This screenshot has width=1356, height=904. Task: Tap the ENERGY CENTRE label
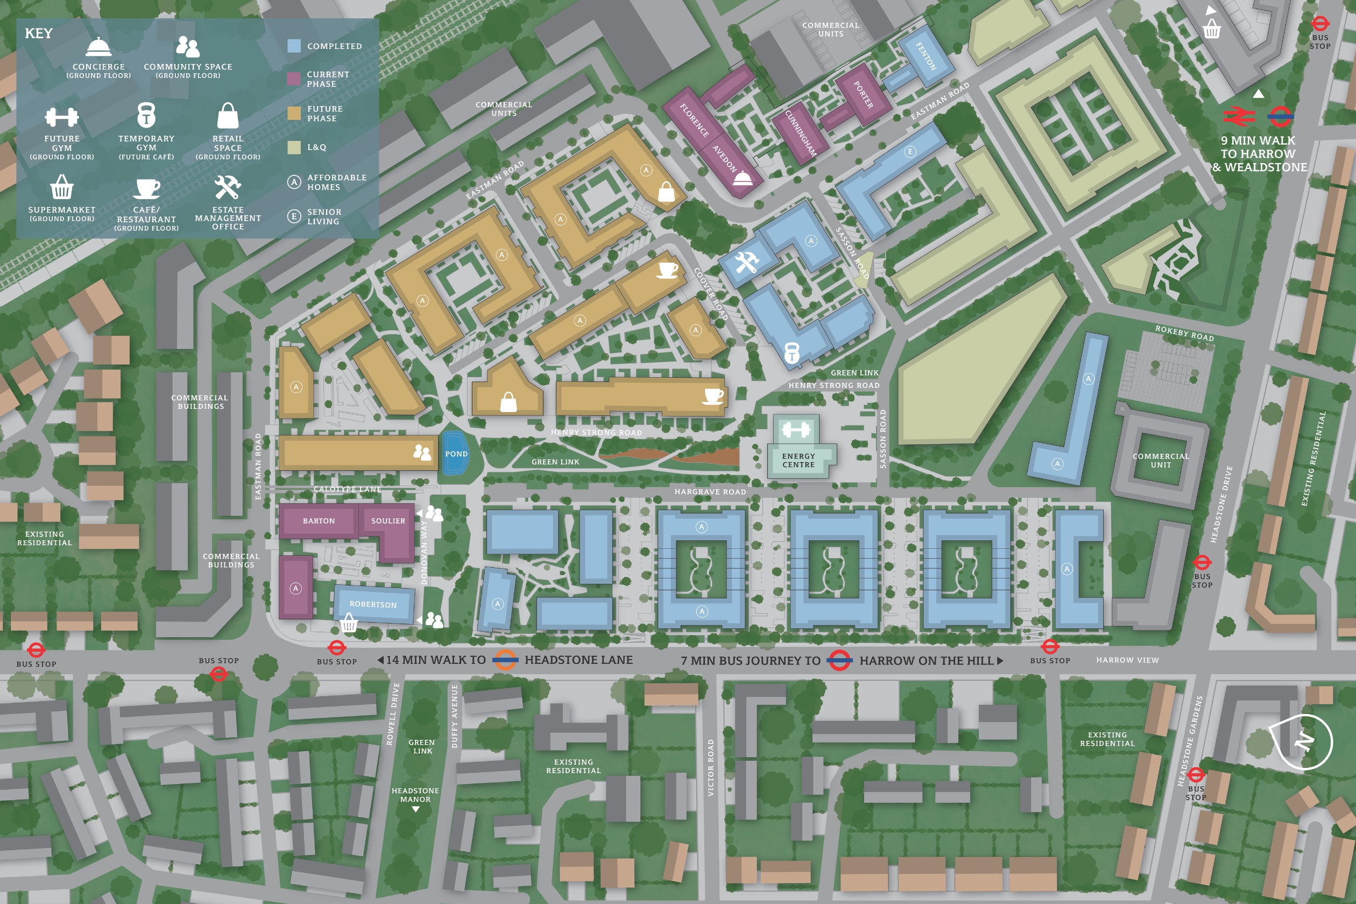tap(799, 460)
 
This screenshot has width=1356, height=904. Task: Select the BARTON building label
tap(318, 521)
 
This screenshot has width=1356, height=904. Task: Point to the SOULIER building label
tap(388, 521)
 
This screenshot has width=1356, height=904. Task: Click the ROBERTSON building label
tap(373, 604)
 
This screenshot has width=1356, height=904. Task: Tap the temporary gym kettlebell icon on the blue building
tap(792, 352)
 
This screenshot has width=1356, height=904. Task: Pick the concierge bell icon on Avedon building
tap(742, 178)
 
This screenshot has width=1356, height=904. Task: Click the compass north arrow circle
tap(1305, 741)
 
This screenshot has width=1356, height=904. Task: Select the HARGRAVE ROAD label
tap(710, 492)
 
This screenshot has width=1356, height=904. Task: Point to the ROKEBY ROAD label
tap(1184, 333)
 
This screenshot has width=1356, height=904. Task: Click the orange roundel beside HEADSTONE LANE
tap(505, 660)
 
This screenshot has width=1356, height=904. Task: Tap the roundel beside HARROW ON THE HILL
tap(839, 661)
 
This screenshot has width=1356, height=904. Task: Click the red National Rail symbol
tap(1238, 116)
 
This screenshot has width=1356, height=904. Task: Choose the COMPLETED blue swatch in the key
tap(294, 46)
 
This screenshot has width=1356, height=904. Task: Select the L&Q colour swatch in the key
tap(294, 147)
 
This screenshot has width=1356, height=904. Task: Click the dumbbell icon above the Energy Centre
tap(796, 429)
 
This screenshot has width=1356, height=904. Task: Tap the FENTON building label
tap(926, 56)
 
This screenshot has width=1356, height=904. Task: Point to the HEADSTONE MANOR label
tap(415, 795)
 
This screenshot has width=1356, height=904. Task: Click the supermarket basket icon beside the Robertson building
tap(349, 623)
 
